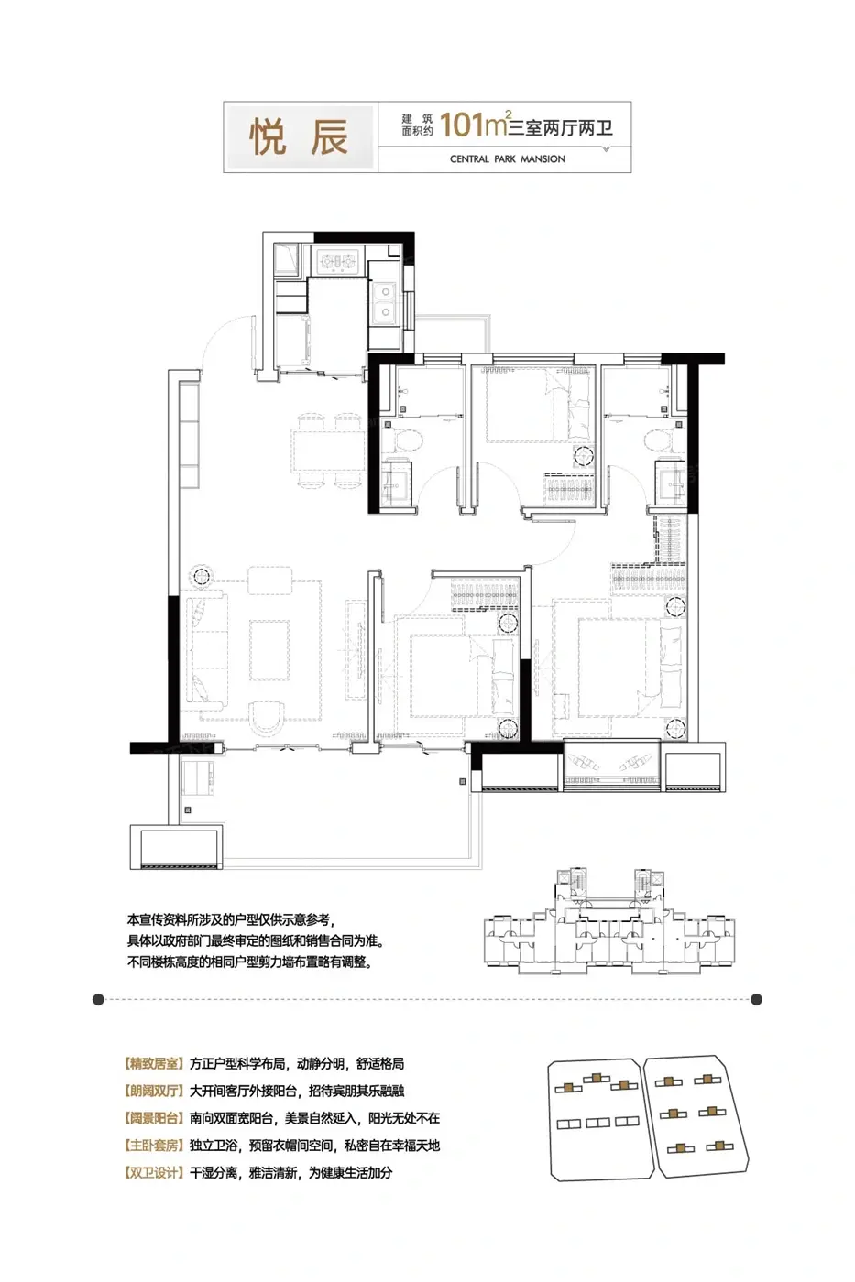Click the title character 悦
click(x=268, y=137)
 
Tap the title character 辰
click(x=329, y=137)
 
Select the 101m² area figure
click(x=474, y=125)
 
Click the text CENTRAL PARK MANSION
click(x=508, y=159)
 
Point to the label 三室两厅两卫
click(x=561, y=127)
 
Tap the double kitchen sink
click(x=385, y=301)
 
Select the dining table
click(x=328, y=451)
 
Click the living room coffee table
click(x=269, y=650)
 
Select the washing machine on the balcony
click(x=198, y=778)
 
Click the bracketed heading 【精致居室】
click(x=153, y=1063)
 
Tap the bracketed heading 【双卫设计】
click(x=153, y=1172)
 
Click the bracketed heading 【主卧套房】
click(x=153, y=1146)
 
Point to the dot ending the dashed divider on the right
click(x=756, y=999)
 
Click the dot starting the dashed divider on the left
click(x=98, y=999)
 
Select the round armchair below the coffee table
click(x=267, y=719)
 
